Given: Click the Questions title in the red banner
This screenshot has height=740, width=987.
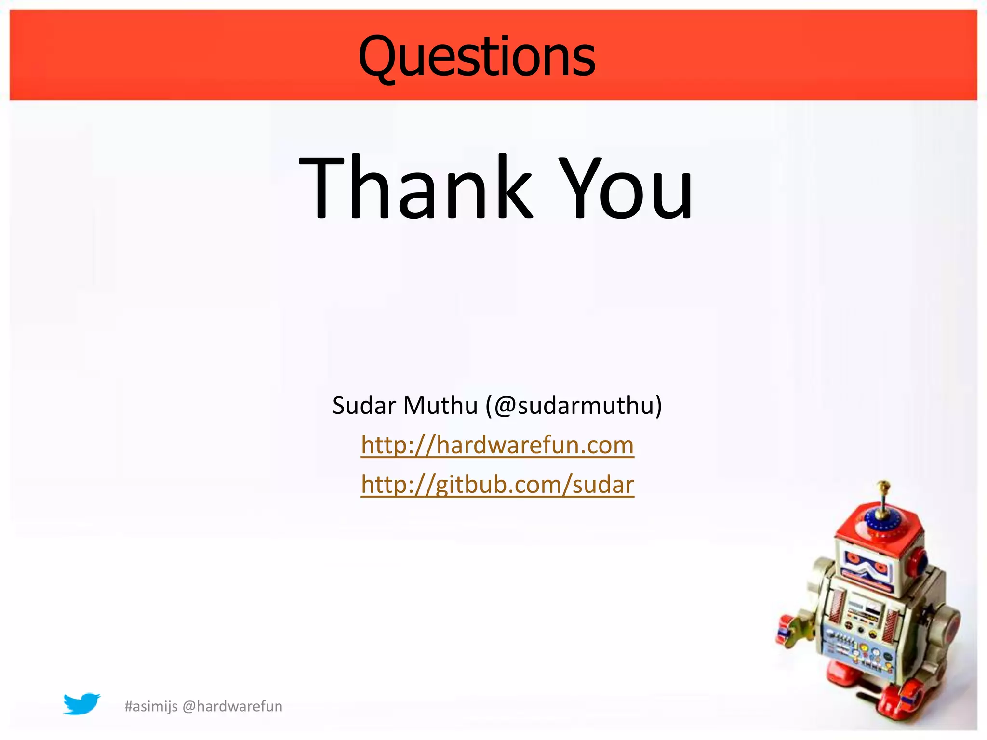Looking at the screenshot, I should (477, 57).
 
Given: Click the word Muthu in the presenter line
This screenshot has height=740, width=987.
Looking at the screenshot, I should (440, 406).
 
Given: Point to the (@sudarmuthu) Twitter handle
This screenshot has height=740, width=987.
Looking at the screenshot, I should (574, 406).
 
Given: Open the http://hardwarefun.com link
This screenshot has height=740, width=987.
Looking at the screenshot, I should (497, 445).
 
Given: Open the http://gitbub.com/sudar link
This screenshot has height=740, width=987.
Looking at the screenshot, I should (497, 485).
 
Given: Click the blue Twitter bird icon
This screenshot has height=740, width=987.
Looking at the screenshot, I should (81, 704).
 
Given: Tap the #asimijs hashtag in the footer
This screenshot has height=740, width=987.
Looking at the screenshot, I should (151, 706).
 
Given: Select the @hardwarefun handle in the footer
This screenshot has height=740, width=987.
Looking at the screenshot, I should (232, 706).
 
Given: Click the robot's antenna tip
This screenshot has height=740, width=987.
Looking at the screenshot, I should (883, 484).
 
